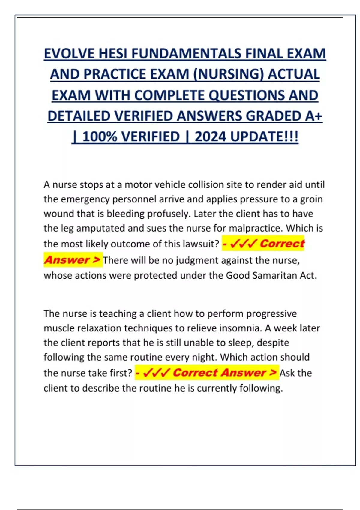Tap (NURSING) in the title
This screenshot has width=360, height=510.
pyautogui.click(x=228, y=75)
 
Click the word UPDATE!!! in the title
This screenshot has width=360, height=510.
pyautogui.click(x=264, y=137)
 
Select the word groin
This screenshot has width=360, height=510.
pyautogui.click(x=311, y=199)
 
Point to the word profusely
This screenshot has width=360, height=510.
pyautogui.click(x=168, y=214)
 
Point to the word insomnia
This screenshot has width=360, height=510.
pyautogui.click(x=240, y=328)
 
